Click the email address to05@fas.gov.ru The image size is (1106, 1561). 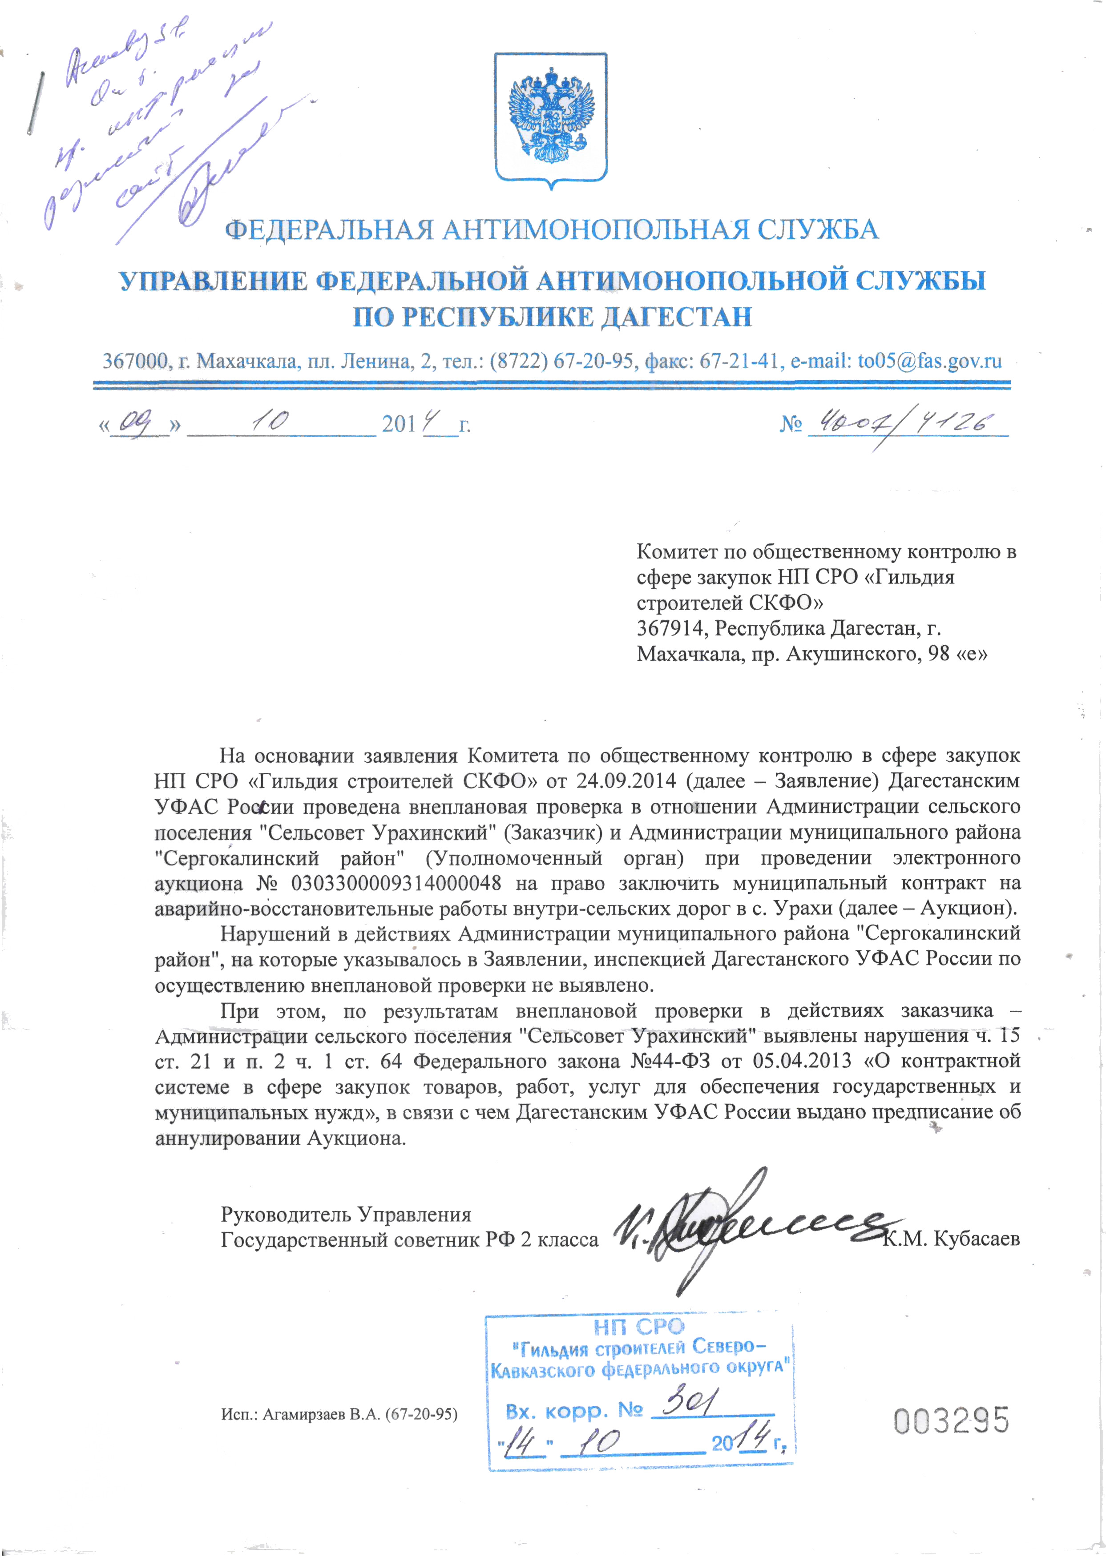[x=929, y=360]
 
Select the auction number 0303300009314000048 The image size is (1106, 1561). [x=396, y=883]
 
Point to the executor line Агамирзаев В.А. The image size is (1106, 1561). [x=339, y=1414]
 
